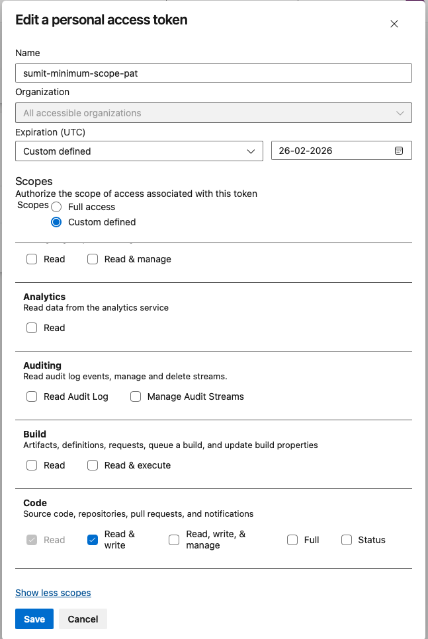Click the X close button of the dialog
coord(394,24)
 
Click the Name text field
coord(213,73)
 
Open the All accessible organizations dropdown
coord(213,113)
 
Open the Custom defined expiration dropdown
coord(139,151)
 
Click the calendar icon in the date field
coord(399,151)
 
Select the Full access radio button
coord(56,207)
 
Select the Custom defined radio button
coord(56,222)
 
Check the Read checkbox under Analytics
coord(32,328)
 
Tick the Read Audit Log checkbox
coord(32,396)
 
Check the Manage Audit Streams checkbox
coord(136,396)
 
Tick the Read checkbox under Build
coord(32,465)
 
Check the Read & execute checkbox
coord(93,465)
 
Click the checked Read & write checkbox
coord(93,540)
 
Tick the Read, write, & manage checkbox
coord(174,540)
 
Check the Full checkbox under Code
coord(292,540)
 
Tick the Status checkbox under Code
coord(347,540)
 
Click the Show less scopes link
coord(53,593)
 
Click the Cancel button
coord(83,619)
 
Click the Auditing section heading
coord(42,365)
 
